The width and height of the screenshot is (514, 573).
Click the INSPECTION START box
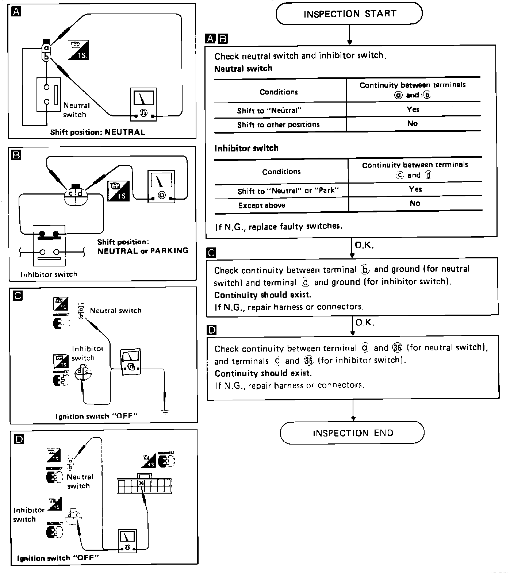point(349,14)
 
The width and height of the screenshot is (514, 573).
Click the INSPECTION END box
point(352,433)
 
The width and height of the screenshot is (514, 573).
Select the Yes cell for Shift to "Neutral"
point(413,109)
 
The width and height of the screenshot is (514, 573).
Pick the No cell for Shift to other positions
point(413,124)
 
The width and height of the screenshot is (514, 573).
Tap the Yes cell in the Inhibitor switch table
point(415,189)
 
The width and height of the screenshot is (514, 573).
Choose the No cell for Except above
point(415,203)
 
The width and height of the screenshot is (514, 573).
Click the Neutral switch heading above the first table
point(243,69)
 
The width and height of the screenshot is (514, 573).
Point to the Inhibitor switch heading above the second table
point(246,148)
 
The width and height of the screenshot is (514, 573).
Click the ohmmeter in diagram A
point(143,104)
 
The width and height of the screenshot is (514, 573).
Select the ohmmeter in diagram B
point(161,186)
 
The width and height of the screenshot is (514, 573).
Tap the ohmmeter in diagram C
point(131,361)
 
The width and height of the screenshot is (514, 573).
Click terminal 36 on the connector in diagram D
point(142,483)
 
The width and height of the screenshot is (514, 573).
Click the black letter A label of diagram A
point(16,12)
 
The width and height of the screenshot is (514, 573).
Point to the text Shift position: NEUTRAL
point(97,132)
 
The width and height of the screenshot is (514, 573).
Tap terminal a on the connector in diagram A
point(46,48)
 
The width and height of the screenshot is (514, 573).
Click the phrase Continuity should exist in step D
point(263,373)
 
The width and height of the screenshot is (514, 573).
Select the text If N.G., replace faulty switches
point(279,227)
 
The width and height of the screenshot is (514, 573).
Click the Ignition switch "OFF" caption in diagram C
point(96,416)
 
